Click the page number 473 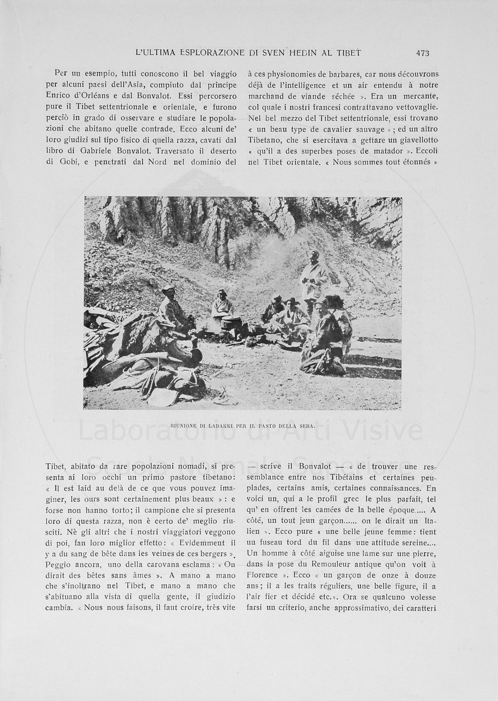point(423,53)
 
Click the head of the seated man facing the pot point(222,294)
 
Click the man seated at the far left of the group point(173,309)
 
